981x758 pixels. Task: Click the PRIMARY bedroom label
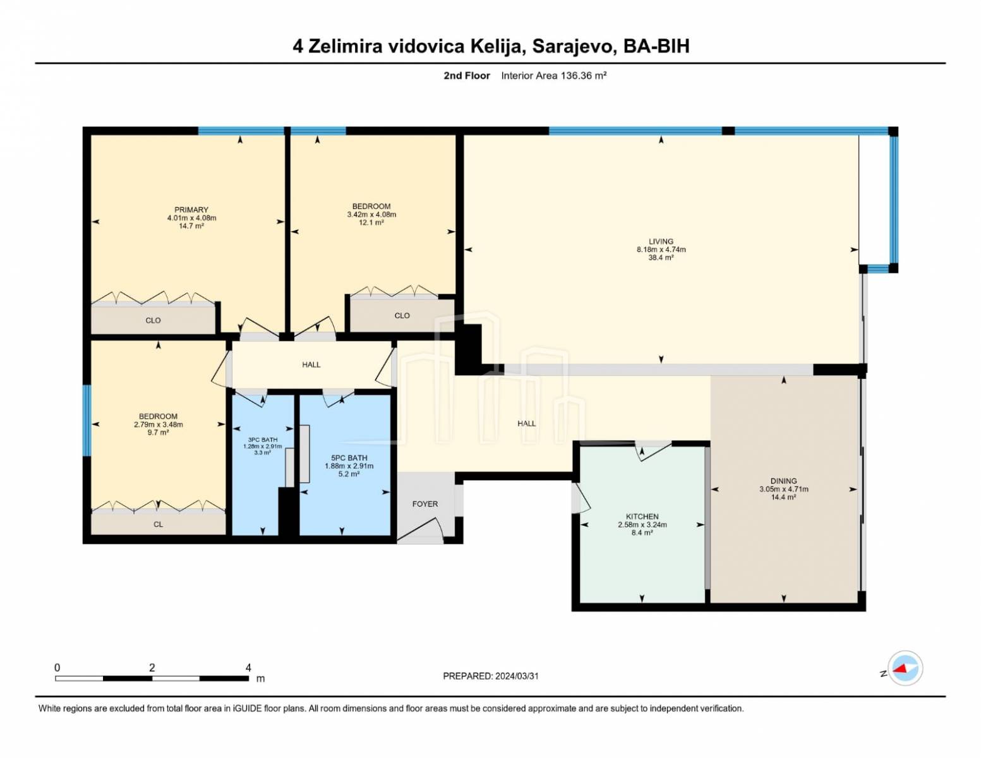[x=191, y=210]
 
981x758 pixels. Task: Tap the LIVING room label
[x=661, y=241]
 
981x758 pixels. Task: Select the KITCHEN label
[x=642, y=517]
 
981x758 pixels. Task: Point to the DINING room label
[x=784, y=481]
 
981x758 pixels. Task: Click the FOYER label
[x=425, y=504]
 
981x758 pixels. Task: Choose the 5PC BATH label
[x=349, y=458]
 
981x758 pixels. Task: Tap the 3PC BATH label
[x=263, y=440]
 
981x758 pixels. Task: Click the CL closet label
[x=158, y=524]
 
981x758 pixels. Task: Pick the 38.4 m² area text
[x=661, y=258]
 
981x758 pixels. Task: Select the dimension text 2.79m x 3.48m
[x=158, y=424]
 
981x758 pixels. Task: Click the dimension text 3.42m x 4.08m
[x=371, y=214]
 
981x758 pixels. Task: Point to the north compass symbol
[x=905, y=668]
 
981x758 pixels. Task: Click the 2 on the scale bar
[x=152, y=668]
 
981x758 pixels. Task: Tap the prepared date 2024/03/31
[x=517, y=677]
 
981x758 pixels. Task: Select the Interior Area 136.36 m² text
[x=553, y=76]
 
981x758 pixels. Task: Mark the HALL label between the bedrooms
[x=311, y=364]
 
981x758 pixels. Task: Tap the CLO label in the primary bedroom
[x=153, y=320]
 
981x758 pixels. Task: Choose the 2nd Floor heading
[x=467, y=76]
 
